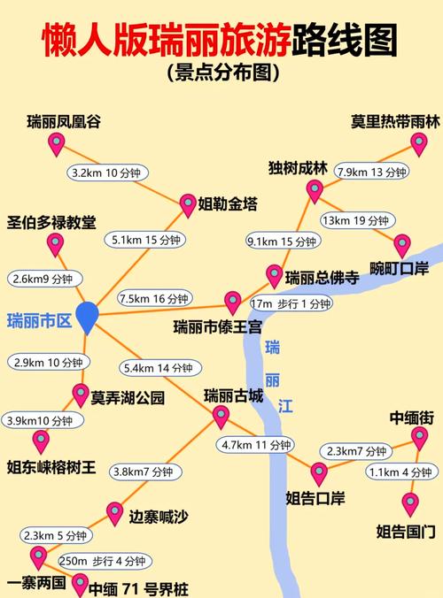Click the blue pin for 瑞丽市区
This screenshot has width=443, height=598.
87,316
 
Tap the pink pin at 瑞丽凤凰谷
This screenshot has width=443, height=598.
56,144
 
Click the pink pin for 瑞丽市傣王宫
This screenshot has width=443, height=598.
232,301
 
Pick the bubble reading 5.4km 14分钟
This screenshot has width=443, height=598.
159,368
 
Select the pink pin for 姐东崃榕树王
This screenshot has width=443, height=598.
41,439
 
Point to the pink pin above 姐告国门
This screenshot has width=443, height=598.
409,502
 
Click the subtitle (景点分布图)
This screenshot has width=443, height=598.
221,73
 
